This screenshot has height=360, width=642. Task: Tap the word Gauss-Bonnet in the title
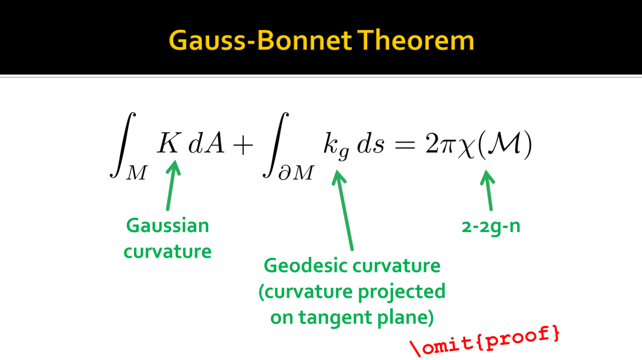(260, 40)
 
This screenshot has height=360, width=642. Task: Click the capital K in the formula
(170, 142)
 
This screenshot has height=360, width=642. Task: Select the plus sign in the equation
(243, 145)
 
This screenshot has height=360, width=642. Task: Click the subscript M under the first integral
(137, 173)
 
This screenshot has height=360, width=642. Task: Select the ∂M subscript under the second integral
(296, 173)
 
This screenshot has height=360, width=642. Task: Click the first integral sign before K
(123, 145)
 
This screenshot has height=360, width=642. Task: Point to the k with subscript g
(336, 146)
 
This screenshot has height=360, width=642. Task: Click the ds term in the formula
(370, 143)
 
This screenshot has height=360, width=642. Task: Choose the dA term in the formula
(206, 142)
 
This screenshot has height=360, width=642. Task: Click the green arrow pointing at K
(172, 186)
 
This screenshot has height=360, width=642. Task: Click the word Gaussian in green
(168, 226)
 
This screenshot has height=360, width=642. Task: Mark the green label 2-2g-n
(491, 227)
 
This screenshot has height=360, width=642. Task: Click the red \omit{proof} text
(485, 341)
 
